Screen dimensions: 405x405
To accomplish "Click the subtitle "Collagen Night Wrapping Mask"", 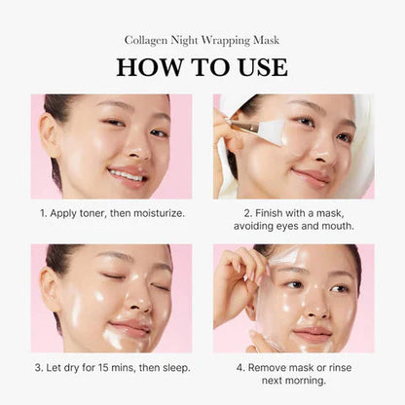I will coord(202,40).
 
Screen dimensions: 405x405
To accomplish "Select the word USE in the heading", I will coord(258,67).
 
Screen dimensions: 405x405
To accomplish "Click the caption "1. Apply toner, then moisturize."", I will coord(111,211).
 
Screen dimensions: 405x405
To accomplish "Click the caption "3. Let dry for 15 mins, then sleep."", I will coord(111,367).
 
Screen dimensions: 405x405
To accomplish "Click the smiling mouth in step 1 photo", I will coord(128,175).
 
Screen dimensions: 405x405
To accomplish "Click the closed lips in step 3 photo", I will coord(129,329).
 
